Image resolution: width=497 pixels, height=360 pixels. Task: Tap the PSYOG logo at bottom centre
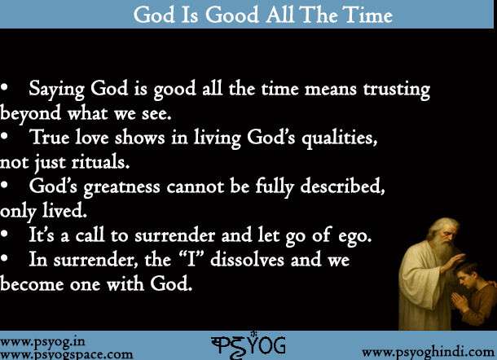[248, 345]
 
